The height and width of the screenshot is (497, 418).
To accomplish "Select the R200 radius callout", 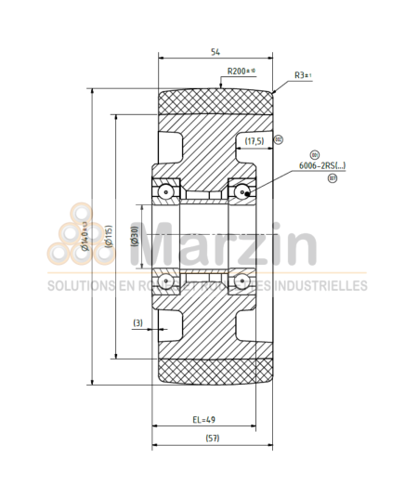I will tap(241, 71).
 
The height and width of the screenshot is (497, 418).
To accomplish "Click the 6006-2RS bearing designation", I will tap(320, 165).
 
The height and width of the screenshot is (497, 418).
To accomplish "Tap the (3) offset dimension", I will tap(137, 322).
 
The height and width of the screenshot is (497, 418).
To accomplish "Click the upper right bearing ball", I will tap(242, 190).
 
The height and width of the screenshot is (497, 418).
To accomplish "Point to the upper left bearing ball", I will tap(164, 190).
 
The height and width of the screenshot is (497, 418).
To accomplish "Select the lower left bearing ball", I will tap(164, 280).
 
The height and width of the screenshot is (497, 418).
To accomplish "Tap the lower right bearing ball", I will tap(242, 280).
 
